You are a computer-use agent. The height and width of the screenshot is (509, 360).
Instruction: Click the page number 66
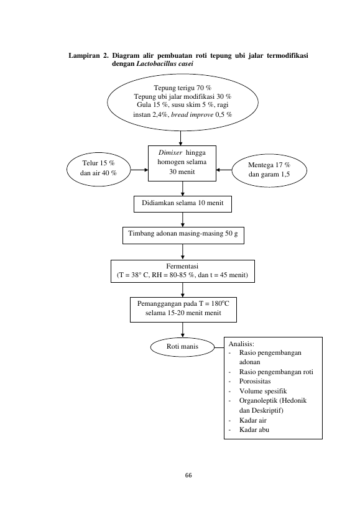tap(188, 475)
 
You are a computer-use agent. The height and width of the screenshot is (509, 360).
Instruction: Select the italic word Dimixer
tap(170, 152)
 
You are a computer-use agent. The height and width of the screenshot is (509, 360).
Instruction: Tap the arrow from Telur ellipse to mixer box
tap(139, 170)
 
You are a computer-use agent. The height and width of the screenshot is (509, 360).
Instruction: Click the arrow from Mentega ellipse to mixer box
tap(224, 170)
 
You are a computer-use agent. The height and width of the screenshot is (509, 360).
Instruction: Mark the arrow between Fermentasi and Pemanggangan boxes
tap(183, 290)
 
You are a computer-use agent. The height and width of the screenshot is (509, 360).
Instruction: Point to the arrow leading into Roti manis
tap(183, 330)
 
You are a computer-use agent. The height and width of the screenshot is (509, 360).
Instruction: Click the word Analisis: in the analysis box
tap(241, 344)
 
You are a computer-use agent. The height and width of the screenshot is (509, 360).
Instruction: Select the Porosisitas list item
tap(255, 381)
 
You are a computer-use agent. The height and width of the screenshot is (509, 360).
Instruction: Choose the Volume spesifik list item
tap(263, 391)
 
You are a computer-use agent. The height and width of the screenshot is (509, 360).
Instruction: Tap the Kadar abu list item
tap(254, 429)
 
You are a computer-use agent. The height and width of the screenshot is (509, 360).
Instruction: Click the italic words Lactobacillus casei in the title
tap(165, 63)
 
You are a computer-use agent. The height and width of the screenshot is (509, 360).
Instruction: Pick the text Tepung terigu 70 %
tap(182, 88)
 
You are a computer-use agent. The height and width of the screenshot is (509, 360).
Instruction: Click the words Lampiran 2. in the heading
tap(88, 55)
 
